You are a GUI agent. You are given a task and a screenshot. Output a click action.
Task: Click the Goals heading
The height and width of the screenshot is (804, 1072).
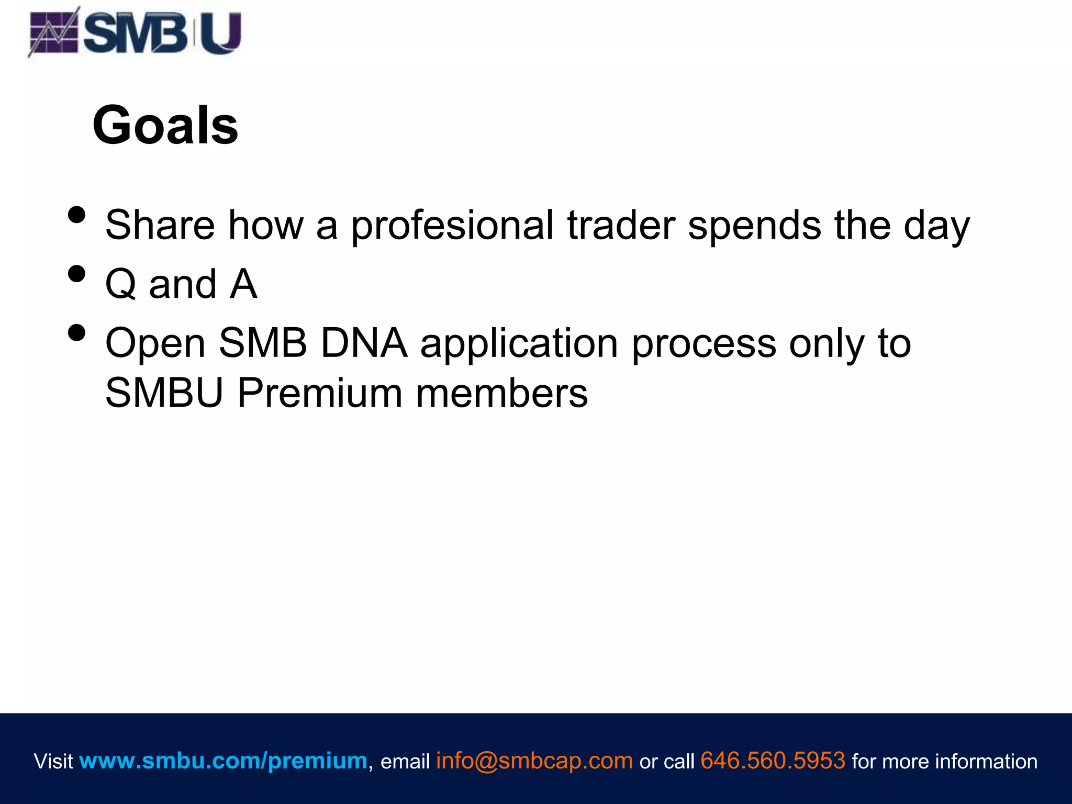pyautogui.click(x=165, y=126)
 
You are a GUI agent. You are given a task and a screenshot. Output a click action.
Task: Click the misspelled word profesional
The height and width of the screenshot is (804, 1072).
pyautogui.click(x=452, y=226)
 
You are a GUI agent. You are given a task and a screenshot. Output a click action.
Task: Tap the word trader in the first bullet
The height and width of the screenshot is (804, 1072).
pyautogui.click(x=621, y=226)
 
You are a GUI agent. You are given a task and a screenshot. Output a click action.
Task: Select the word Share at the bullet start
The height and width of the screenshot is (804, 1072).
pyautogui.click(x=160, y=226)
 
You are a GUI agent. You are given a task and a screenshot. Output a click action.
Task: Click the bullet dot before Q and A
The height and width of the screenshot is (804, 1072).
pyautogui.click(x=77, y=274)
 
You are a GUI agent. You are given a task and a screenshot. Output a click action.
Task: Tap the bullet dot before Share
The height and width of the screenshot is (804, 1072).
pyautogui.click(x=77, y=215)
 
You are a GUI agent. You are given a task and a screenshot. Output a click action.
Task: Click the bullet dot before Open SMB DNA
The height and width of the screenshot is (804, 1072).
pyautogui.click(x=77, y=333)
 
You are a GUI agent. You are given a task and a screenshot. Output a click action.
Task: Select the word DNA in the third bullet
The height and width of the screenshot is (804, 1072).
pyautogui.click(x=364, y=343)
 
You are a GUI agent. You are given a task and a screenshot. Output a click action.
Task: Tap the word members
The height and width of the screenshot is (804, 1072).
pyautogui.click(x=502, y=393)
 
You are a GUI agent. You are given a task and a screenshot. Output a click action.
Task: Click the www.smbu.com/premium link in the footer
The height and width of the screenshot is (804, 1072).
pyautogui.click(x=223, y=761)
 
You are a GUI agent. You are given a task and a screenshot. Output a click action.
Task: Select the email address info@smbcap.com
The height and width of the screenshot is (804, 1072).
pyautogui.click(x=534, y=761)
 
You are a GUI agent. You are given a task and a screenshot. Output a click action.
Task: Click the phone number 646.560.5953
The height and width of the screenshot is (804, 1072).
pyautogui.click(x=773, y=761)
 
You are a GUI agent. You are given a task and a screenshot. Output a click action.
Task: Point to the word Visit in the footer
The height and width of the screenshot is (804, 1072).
pyautogui.click(x=53, y=761)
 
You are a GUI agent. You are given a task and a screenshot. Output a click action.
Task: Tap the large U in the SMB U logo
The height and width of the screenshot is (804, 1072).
pyautogui.click(x=220, y=33)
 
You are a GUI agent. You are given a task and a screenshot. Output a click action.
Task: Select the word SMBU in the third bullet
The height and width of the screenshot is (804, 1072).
pyautogui.click(x=164, y=393)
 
